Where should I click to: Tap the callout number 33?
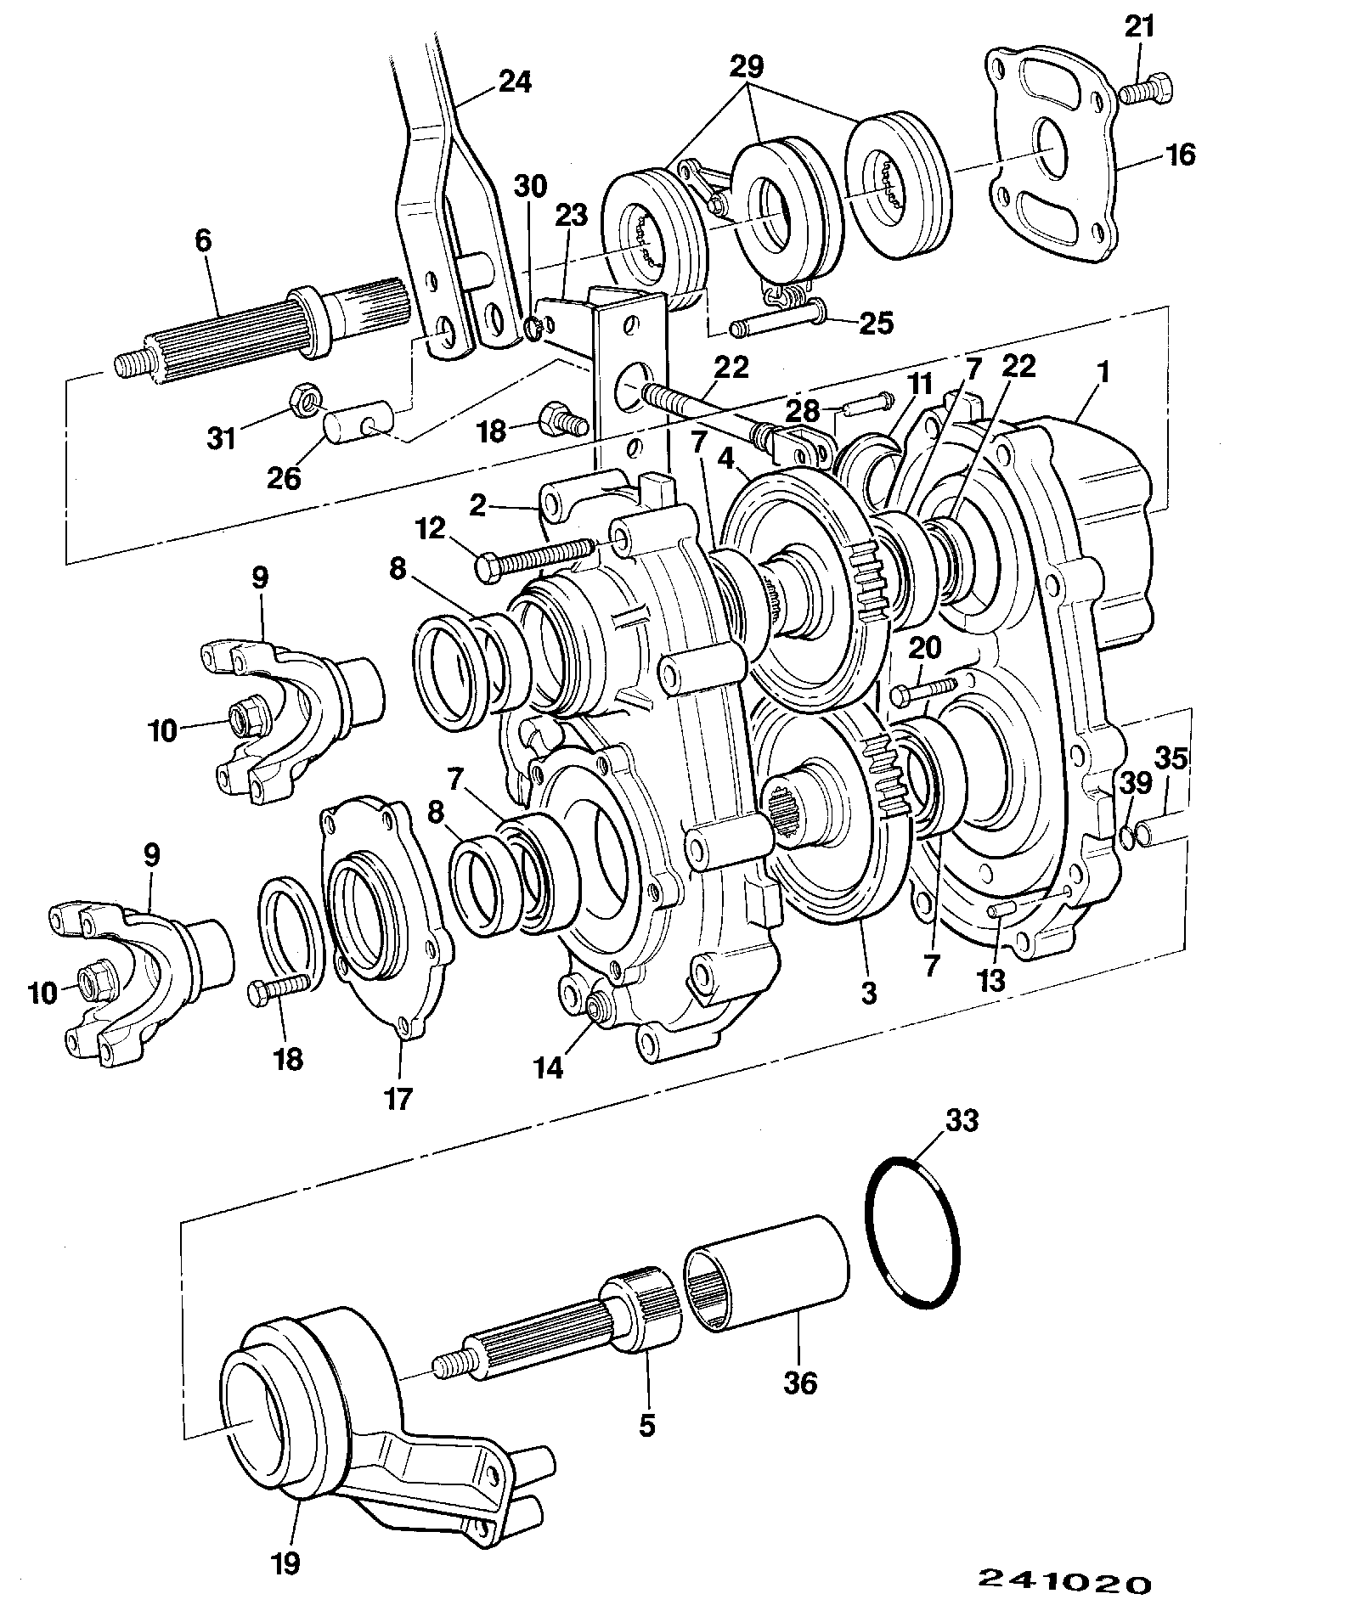[962, 1120]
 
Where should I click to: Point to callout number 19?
[288, 1563]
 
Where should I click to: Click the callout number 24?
[514, 82]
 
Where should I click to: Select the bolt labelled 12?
[539, 558]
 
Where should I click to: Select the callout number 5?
[647, 1425]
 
